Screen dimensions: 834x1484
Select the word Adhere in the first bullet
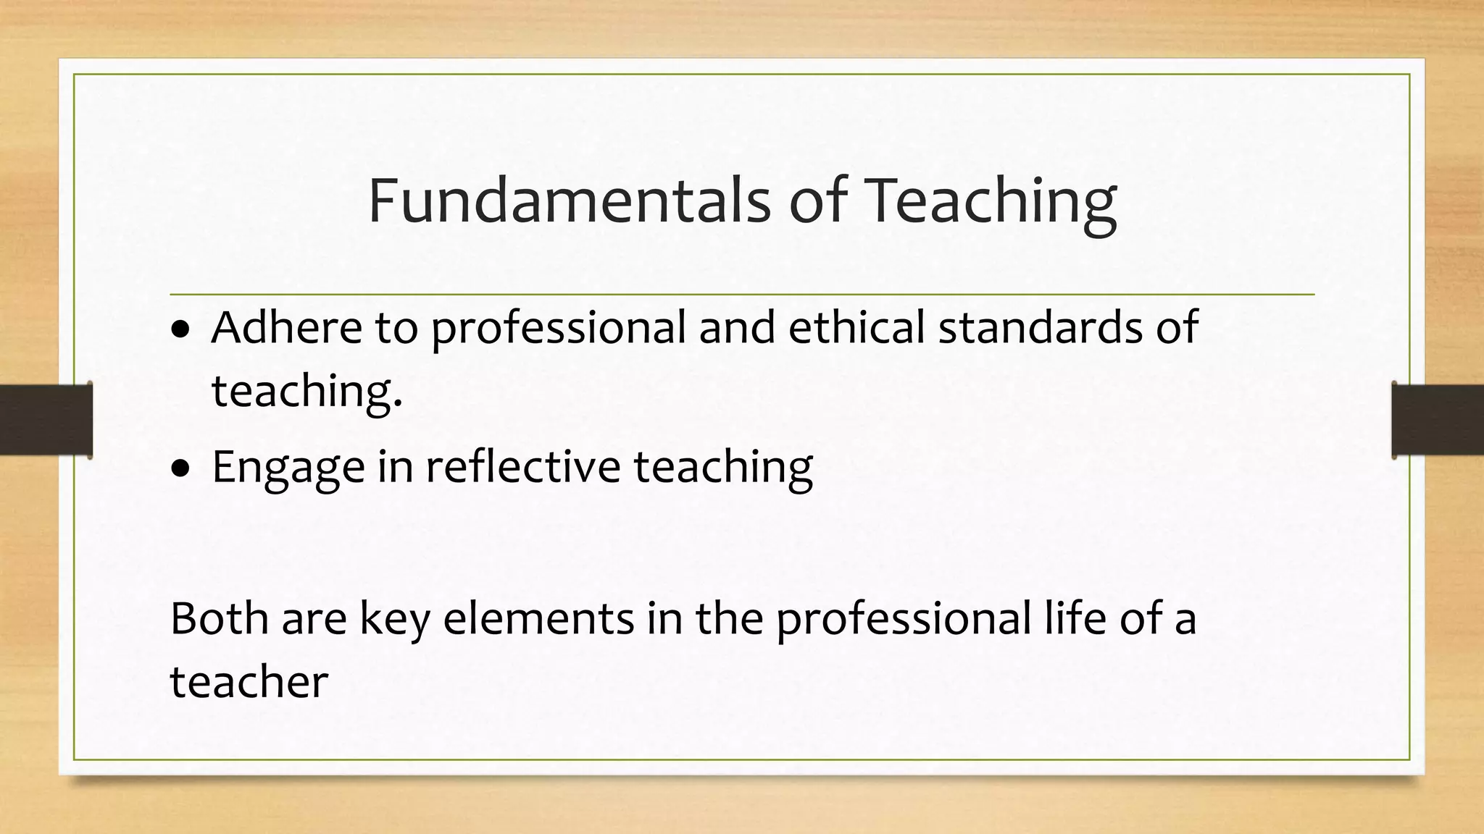point(287,327)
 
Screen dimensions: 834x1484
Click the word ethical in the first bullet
point(856,327)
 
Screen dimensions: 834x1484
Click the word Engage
point(288,468)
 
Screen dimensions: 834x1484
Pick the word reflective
point(523,466)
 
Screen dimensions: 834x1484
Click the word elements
point(539,619)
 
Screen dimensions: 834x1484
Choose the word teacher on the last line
point(249,683)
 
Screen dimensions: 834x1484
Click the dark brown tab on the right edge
point(1438,420)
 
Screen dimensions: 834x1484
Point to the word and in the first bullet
point(737,327)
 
